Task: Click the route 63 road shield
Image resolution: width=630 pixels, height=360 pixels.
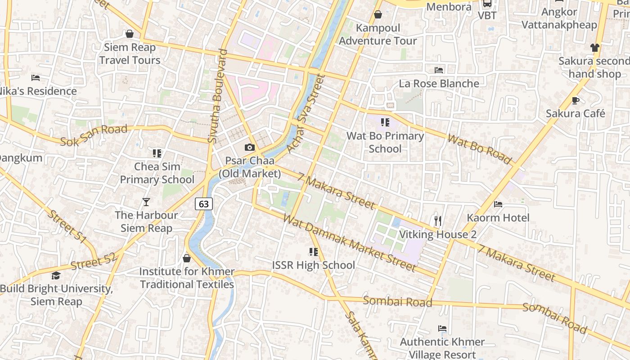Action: tap(204, 204)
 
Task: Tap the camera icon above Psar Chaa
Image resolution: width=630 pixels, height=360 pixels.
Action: tap(249, 147)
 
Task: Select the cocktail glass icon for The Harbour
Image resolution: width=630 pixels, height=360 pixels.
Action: tap(146, 202)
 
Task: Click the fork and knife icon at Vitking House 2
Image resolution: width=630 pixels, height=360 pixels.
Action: tap(438, 220)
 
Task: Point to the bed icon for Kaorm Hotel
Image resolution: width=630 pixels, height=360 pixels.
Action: tap(498, 204)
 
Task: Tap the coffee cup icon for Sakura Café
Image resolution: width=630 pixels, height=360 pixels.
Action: tap(575, 100)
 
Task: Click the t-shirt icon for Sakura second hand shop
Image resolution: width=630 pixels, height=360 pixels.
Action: tap(595, 48)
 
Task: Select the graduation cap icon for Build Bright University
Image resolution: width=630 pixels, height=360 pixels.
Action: tap(56, 275)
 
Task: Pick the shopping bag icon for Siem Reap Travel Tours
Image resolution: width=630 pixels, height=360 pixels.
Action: tap(130, 34)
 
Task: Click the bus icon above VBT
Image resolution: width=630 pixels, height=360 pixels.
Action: tap(487, 4)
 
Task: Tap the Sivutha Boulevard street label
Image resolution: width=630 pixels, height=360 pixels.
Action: tap(218, 96)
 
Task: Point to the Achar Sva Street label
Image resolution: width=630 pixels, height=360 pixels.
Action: tap(306, 114)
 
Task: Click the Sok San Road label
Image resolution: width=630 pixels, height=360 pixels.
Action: tap(94, 135)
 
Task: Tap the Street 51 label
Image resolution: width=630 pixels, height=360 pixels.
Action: tap(67, 227)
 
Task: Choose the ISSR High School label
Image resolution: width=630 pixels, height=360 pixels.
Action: tap(313, 265)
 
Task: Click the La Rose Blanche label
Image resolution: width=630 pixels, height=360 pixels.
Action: tap(439, 84)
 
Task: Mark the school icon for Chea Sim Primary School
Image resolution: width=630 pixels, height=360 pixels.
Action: tap(157, 153)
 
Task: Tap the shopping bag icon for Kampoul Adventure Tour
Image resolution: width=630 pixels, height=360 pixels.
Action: tap(378, 15)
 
